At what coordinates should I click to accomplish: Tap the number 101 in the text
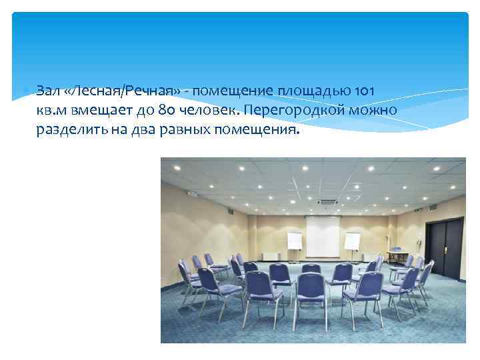pos(363,90)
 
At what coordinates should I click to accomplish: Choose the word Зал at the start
pos(48,90)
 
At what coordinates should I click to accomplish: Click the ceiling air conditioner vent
pos(327,201)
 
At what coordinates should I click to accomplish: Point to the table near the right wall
pos(399,254)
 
